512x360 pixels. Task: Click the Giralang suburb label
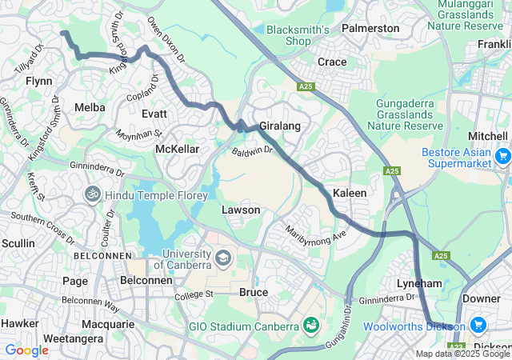click(x=279, y=126)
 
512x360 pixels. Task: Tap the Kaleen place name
click(x=350, y=194)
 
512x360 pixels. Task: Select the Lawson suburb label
click(x=241, y=210)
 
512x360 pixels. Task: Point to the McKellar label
click(x=177, y=149)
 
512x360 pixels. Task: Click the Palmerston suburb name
click(x=370, y=28)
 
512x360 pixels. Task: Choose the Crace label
click(x=332, y=62)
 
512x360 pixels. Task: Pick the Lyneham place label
click(x=419, y=284)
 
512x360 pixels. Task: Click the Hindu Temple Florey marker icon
click(x=93, y=194)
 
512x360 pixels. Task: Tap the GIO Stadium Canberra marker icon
click(x=310, y=326)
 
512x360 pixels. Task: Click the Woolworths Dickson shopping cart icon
click(x=478, y=325)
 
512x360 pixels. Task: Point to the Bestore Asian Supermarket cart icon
click(x=502, y=156)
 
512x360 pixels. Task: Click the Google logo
click(x=26, y=350)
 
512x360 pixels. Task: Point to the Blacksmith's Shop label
click(x=298, y=35)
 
